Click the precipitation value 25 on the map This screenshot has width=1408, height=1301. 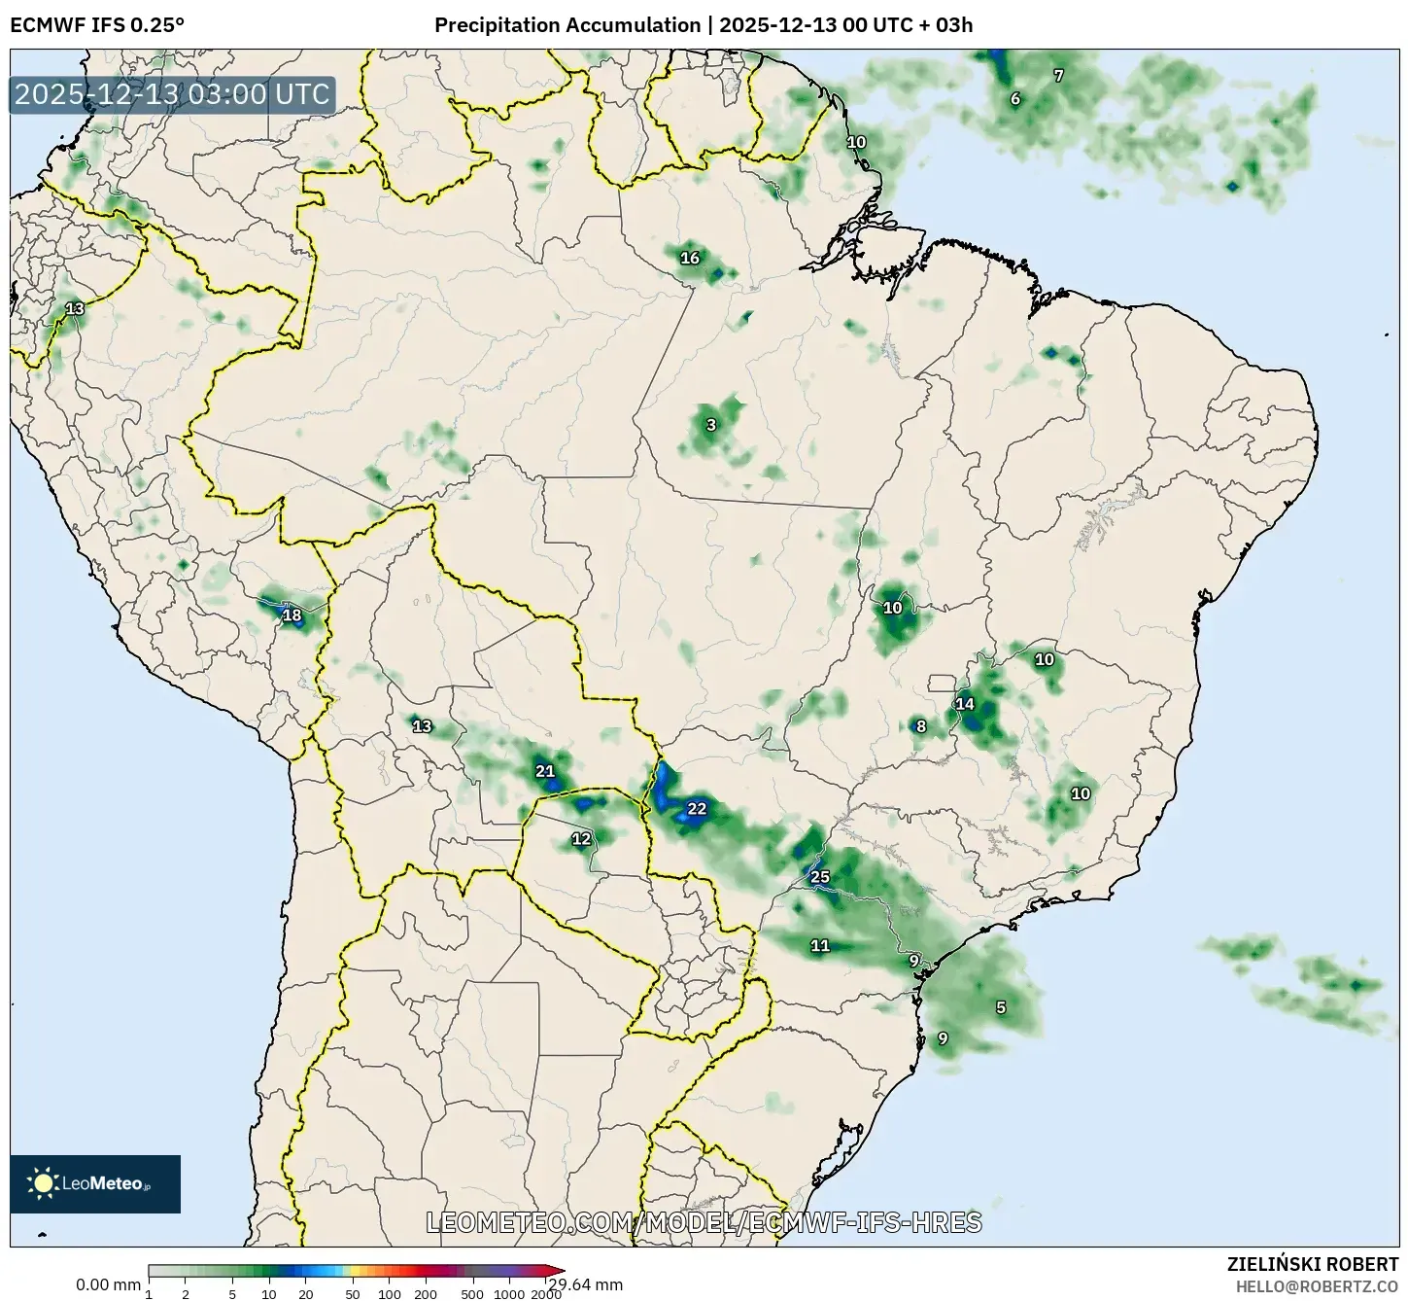coord(820,877)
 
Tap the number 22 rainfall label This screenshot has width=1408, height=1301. coord(697,808)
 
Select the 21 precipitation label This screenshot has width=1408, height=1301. coord(545,771)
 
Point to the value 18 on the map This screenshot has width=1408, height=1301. coord(292,615)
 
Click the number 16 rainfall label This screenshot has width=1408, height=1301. coord(690,258)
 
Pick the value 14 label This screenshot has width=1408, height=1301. coord(965,704)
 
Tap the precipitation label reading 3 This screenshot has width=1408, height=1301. coord(711,425)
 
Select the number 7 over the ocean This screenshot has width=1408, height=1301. coord(1058,75)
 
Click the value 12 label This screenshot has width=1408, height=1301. coord(581,838)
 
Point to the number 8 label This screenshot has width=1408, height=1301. coord(921,726)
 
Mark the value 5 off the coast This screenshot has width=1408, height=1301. coord(1001,1007)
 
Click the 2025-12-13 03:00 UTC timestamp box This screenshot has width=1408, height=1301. coord(173,94)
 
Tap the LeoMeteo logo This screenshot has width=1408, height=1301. coord(95,1183)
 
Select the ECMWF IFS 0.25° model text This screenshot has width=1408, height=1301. coord(97,25)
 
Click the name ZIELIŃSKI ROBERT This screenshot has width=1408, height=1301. coord(1312,1264)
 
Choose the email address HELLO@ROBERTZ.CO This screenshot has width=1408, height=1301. coord(1317,1286)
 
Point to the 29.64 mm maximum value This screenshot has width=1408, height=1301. coord(585,1284)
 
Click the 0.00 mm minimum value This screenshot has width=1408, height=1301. coord(108,1284)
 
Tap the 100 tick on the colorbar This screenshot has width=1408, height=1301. coord(389,1294)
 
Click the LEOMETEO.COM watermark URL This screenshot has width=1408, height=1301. coord(704,1222)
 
